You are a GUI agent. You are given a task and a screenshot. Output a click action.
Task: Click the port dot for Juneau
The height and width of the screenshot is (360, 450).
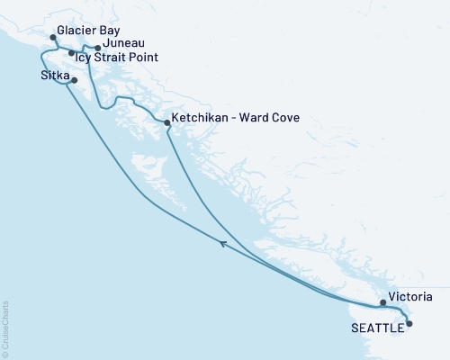click(97, 48)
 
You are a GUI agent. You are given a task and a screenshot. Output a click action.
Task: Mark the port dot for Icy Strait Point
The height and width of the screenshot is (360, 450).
click(72, 53)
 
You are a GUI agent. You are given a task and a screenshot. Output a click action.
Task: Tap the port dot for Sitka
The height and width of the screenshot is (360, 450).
click(74, 81)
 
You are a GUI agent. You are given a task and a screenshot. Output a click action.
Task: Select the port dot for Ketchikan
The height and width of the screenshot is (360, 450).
click(167, 122)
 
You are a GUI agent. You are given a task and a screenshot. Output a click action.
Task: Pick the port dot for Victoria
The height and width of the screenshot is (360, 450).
click(382, 303)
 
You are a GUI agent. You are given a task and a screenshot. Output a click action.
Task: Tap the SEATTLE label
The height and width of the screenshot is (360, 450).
click(375, 328)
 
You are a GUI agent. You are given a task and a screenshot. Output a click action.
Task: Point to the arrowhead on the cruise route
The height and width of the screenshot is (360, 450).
click(222, 241)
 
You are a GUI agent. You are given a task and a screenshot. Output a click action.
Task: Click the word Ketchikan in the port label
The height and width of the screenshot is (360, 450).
click(198, 118)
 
